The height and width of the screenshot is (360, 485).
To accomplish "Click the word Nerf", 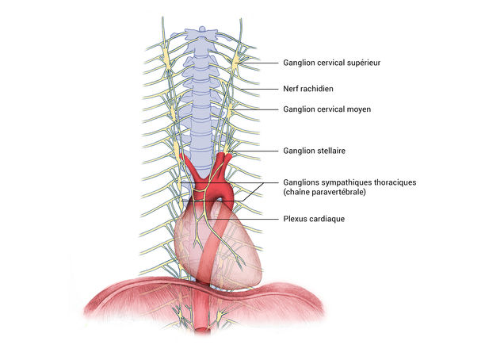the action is point(292,89).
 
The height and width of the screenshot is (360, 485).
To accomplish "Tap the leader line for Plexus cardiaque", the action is point(254,218).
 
